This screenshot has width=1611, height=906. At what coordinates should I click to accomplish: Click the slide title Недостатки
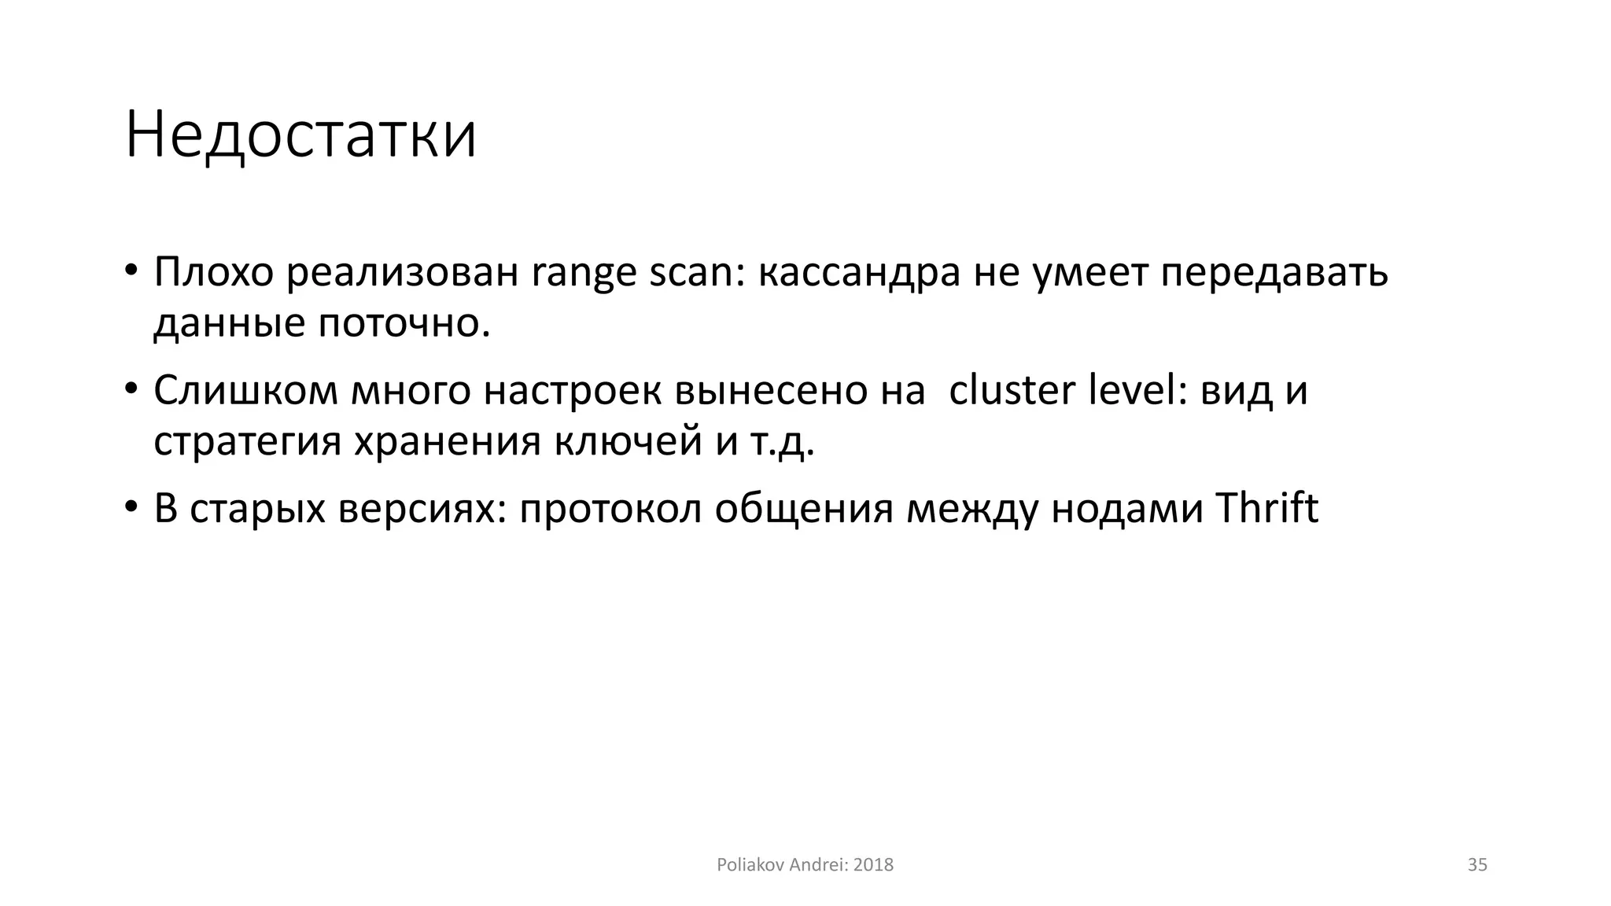coord(300,135)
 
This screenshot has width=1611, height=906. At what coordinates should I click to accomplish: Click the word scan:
coord(697,272)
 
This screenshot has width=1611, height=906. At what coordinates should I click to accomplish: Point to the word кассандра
coord(859,272)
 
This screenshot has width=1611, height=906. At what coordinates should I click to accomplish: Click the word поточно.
coord(404,323)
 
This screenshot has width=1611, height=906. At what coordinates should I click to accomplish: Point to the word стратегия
coord(247,442)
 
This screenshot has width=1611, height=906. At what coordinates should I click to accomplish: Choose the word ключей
coord(628,442)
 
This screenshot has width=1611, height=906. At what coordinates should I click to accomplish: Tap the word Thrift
coord(1266,508)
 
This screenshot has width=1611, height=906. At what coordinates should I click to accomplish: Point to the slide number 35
coord(1477,865)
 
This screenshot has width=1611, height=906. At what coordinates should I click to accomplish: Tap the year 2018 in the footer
coord(873,865)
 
